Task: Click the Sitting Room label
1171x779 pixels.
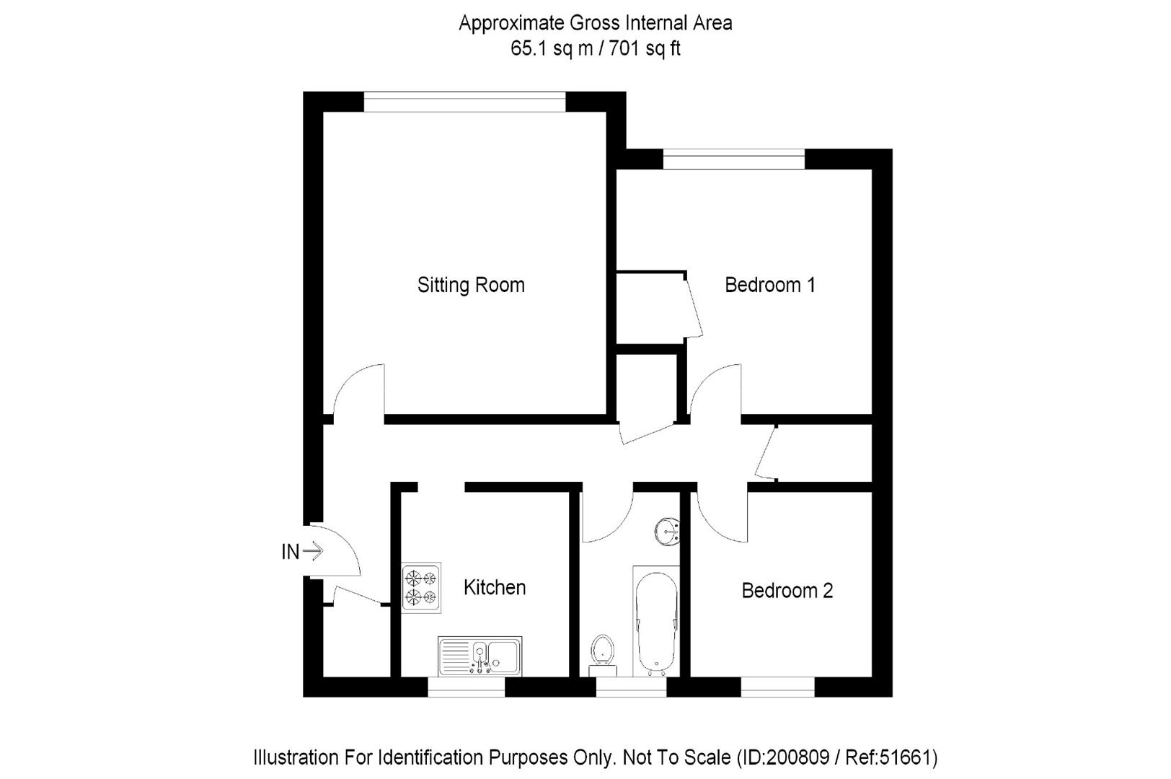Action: [471, 285]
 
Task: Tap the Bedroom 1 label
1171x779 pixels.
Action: [769, 285]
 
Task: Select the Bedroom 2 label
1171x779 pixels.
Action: [787, 591]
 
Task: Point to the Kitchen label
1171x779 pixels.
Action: [494, 587]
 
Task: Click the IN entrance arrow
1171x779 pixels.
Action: [313, 552]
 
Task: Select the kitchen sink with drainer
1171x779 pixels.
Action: [480, 656]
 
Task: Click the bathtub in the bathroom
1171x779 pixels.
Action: [656, 620]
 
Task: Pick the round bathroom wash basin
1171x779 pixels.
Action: [668, 532]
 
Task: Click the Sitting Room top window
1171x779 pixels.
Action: [464, 102]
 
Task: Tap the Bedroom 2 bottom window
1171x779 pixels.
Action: [777, 687]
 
